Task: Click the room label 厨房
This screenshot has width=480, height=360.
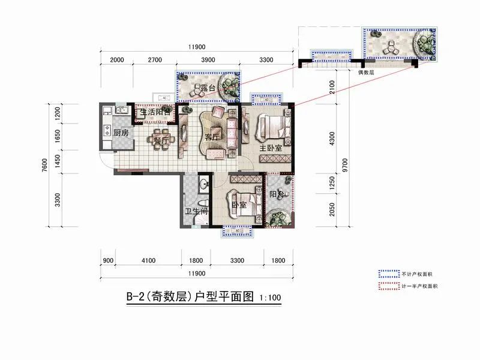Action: (121, 133)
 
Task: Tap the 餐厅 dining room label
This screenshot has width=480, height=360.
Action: (160, 141)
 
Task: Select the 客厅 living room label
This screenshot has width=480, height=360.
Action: (212, 137)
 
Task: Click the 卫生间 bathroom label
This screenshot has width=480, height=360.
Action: (196, 211)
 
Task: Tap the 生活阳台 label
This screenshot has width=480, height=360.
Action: (155, 112)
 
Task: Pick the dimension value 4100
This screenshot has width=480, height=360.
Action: (149, 260)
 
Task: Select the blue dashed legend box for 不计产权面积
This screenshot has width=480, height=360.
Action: (388, 272)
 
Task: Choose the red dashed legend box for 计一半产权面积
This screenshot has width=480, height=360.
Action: (388, 286)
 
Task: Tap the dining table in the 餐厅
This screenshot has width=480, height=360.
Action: (162, 137)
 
